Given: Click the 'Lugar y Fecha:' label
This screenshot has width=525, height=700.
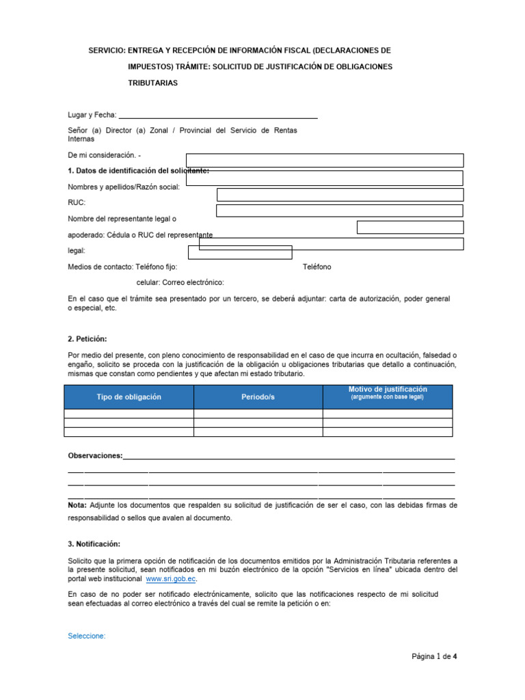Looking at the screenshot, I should coord(92,115).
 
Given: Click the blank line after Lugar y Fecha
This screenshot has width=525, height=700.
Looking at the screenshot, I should coord(218,116).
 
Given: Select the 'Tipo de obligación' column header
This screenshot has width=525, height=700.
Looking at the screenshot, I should coord(129,397).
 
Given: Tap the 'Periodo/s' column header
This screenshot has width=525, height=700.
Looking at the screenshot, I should coord(258,397).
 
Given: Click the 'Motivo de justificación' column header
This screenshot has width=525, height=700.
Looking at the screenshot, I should coord(387,392).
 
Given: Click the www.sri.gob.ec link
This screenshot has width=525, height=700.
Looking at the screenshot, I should coord(171,579).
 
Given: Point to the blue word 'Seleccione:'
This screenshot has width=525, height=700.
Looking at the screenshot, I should coord(87,636).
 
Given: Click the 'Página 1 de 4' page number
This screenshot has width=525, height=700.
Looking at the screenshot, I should coord(433,657).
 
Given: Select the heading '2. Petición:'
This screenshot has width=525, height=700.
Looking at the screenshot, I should coord(87,339).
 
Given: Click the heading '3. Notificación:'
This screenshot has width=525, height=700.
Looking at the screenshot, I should coord(94,544).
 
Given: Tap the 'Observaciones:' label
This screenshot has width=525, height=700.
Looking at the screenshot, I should coord(95,455).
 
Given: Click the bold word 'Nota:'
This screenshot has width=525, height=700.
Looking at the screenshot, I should coord(77,505).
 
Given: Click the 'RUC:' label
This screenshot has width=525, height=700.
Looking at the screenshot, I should coord(77,203).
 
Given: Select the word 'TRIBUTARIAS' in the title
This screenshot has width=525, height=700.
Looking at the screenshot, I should coord(152,83).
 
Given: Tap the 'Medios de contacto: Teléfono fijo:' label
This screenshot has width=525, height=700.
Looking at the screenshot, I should coord(122,267).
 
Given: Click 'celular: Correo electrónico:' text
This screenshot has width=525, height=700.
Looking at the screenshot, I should coord(180,282).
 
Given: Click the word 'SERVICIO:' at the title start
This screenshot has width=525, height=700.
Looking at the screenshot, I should coord(107,51).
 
